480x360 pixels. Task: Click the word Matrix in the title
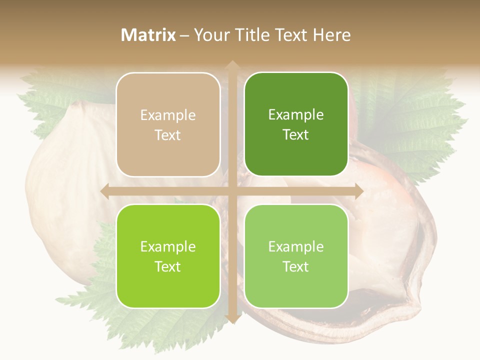tap(148, 35)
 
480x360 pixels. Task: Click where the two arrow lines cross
tap(232, 191)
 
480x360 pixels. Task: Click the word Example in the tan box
tap(168, 115)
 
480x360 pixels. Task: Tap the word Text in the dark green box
tap(296, 135)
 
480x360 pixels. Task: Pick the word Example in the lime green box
tap(168, 247)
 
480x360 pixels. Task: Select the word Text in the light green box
tap(296, 266)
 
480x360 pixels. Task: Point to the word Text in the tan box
tap(168, 135)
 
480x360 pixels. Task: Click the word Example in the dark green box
tap(296, 115)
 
